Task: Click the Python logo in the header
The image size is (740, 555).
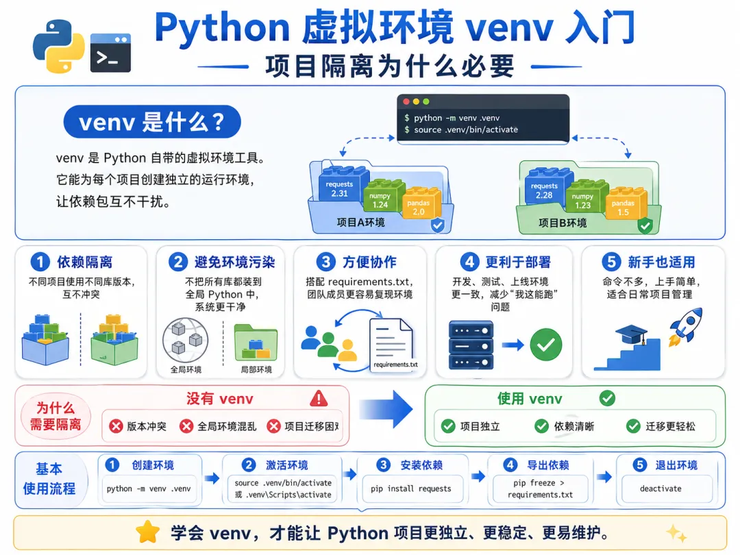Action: point(58,46)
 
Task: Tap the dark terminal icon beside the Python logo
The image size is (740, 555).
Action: point(110,52)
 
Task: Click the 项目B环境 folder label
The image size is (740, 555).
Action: point(563,223)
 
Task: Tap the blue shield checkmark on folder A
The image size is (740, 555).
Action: point(438,225)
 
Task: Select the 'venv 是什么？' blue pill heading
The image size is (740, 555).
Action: point(152,122)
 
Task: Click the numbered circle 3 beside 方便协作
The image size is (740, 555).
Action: point(325,262)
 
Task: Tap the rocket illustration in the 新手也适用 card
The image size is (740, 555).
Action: point(685,327)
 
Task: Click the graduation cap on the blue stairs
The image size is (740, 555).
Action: point(632,334)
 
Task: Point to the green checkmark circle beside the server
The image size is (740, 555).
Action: point(546,345)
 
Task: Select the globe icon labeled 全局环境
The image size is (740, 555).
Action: point(186,340)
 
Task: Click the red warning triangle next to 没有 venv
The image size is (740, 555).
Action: point(319,399)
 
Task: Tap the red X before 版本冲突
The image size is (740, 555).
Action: point(116,426)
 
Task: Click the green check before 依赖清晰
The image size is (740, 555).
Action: point(541,426)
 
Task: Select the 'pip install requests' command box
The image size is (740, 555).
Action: point(410,489)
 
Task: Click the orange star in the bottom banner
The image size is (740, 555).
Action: point(148,532)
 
